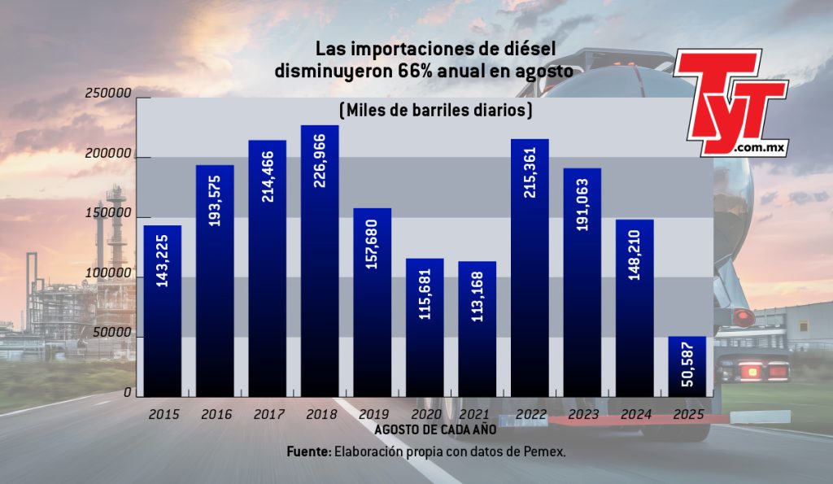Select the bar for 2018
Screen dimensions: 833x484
(x=319, y=261)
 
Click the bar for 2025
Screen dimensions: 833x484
(x=687, y=367)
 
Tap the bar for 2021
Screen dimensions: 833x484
(x=477, y=329)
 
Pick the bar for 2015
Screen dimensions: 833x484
(x=163, y=311)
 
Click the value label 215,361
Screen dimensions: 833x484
(x=530, y=172)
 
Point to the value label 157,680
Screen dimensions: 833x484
(x=372, y=244)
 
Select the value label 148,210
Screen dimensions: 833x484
(x=635, y=255)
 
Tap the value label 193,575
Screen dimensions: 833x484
(x=215, y=201)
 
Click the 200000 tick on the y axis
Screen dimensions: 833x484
(x=108, y=154)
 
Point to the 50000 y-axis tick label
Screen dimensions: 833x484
(x=111, y=333)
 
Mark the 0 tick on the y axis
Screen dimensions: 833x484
(x=128, y=393)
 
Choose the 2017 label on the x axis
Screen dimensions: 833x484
(x=268, y=414)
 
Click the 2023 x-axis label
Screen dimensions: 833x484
(x=583, y=414)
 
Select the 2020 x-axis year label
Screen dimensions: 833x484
(x=426, y=414)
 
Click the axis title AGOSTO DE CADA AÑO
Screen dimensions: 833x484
(x=436, y=429)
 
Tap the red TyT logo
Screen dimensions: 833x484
(x=731, y=102)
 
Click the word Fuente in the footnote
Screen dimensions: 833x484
(x=309, y=452)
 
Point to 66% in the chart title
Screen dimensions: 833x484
(x=412, y=72)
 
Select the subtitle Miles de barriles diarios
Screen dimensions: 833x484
(x=436, y=111)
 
